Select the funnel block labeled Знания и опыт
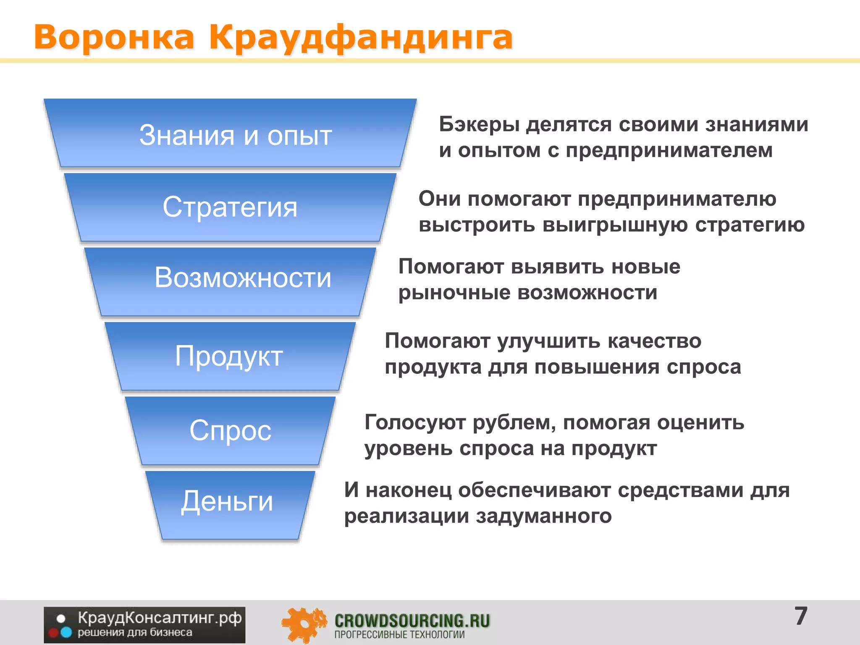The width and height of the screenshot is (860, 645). point(230,134)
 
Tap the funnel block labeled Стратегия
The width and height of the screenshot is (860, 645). point(230,207)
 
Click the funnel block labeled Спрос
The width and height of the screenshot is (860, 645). point(230,430)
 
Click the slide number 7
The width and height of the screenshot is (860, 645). point(801,616)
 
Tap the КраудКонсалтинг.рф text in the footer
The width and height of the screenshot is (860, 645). point(160,618)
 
